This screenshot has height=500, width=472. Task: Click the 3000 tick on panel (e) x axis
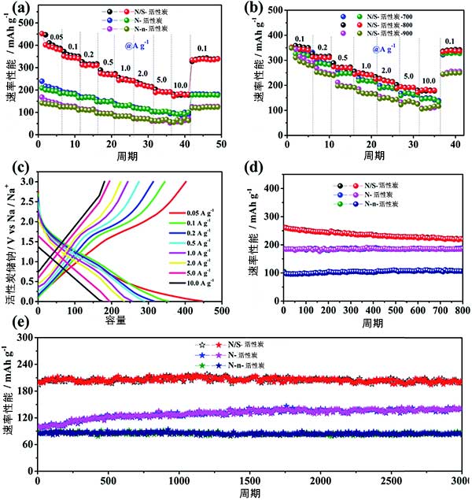[x=459, y=480]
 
